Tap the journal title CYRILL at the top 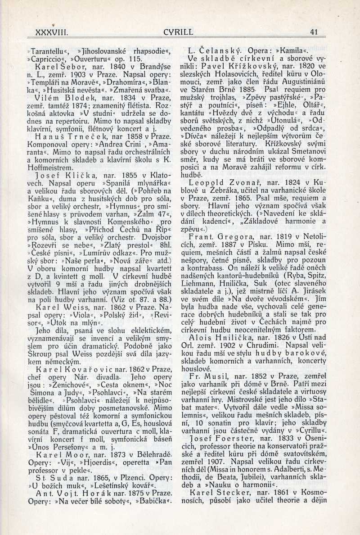point(179,32)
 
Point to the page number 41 point(314,32)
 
